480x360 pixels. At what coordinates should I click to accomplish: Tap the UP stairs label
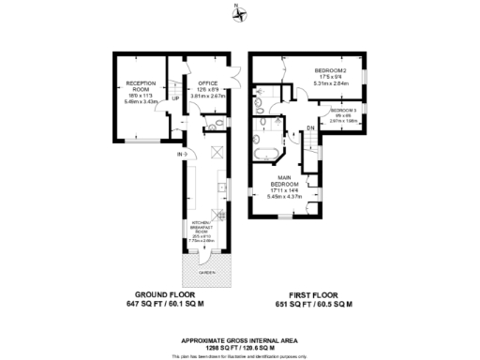[x=175, y=97]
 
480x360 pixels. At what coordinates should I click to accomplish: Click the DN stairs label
[x=310, y=128]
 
